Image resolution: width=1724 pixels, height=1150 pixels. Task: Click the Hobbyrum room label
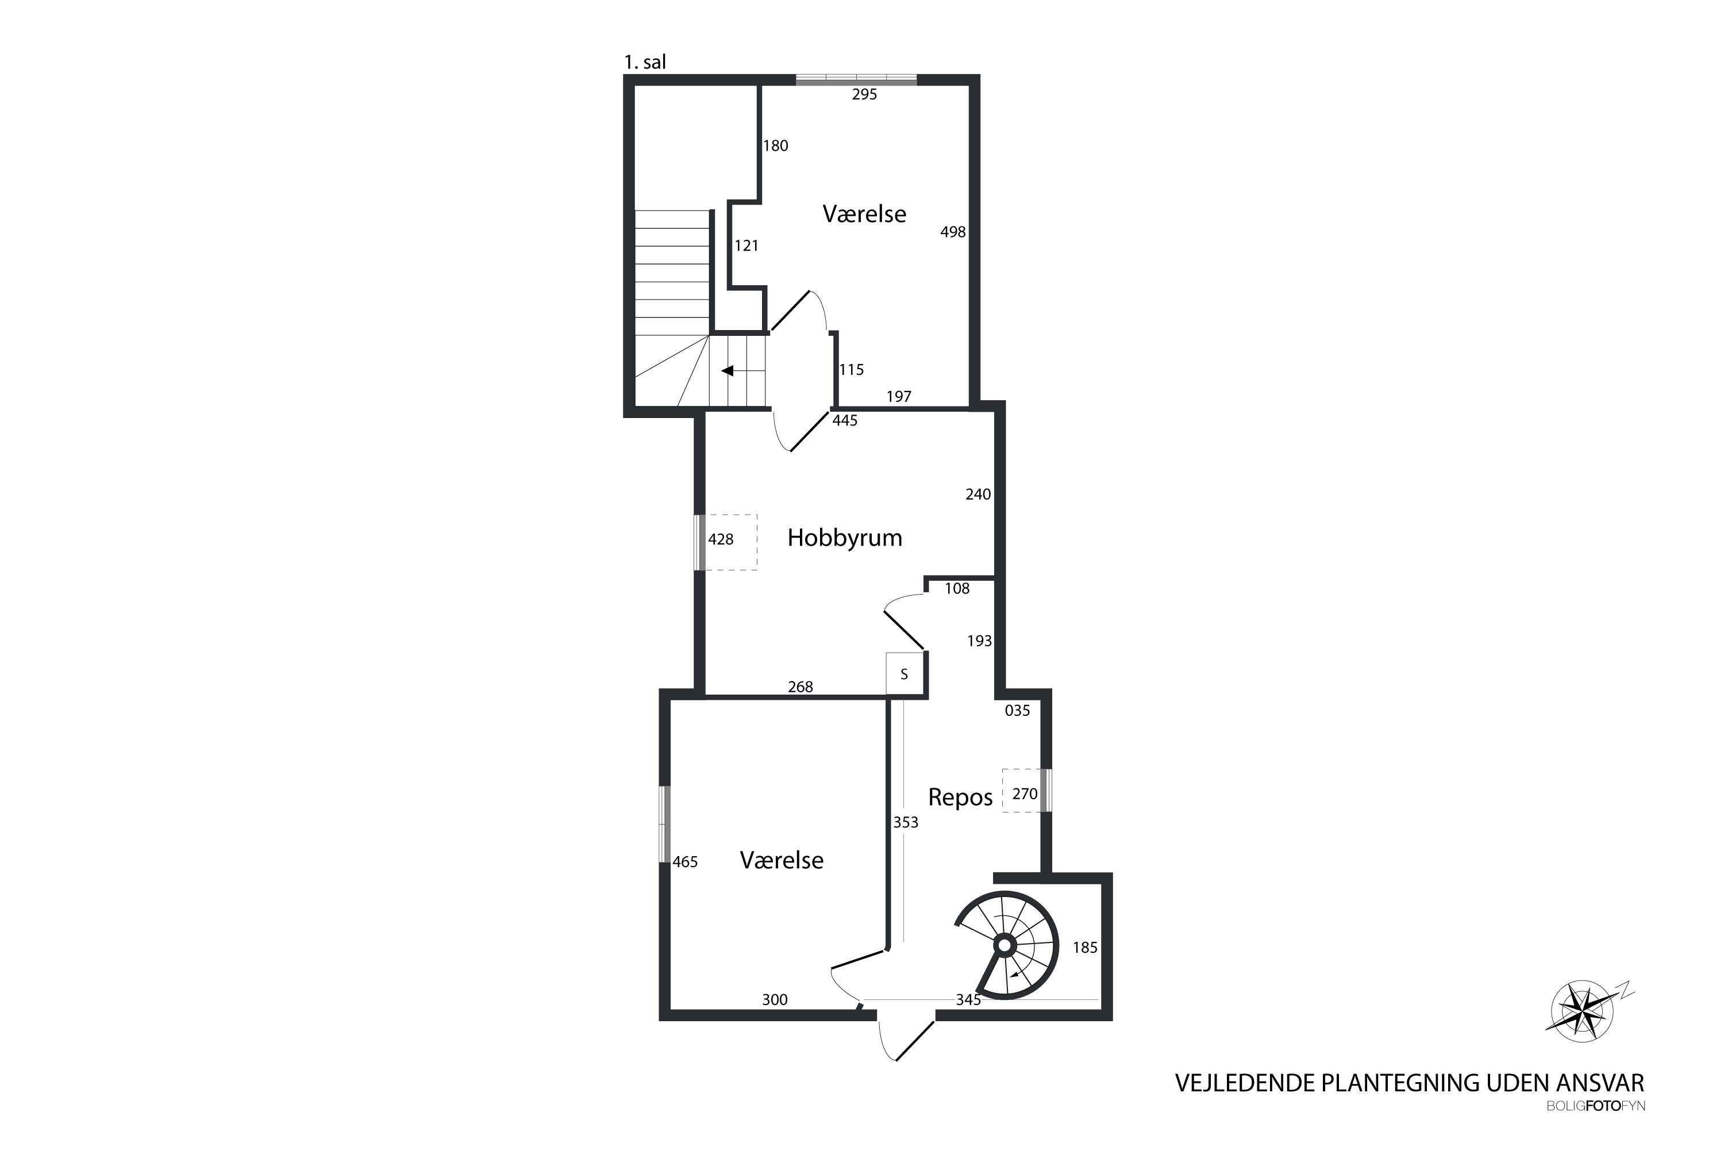844,538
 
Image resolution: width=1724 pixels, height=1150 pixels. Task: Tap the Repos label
960,797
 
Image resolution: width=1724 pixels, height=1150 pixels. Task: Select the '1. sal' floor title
645,62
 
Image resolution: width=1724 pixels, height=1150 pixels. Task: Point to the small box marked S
905,673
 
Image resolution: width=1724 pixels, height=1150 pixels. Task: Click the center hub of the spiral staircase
1004,945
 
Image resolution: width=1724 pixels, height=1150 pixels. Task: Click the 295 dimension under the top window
864,94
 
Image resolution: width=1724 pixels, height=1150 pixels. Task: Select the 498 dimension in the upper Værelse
953,232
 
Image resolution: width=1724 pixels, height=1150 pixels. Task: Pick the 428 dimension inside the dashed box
721,539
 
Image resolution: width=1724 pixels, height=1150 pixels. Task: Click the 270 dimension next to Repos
1025,793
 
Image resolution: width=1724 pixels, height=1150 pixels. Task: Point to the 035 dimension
1017,710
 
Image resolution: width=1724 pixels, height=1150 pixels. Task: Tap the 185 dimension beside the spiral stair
1085,948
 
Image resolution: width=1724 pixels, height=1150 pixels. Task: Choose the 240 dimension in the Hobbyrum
978,494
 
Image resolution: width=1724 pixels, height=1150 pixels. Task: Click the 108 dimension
957,588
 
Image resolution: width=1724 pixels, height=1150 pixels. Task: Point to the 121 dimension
746,246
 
